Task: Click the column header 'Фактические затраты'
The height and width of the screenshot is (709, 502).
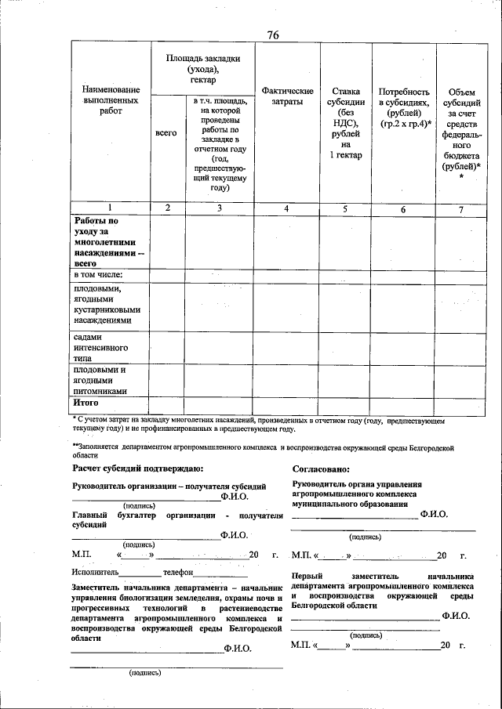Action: coord(287,97)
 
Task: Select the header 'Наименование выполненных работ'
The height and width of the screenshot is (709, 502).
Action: coord(111,101)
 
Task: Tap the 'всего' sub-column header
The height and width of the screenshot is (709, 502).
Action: coord(166,134)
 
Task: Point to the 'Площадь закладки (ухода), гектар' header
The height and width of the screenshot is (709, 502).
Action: coord(202,70)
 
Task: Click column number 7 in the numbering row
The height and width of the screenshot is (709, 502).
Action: coord(460,208)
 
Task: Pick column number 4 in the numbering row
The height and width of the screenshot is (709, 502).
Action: coord(287,208)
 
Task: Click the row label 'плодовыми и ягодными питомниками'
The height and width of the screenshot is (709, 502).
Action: coord(100,380)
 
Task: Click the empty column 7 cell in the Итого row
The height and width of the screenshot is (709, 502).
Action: coord(460,403)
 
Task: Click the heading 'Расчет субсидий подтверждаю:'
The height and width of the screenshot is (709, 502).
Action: coord(137,468)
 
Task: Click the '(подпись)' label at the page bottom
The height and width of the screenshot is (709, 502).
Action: coord(145,671)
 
